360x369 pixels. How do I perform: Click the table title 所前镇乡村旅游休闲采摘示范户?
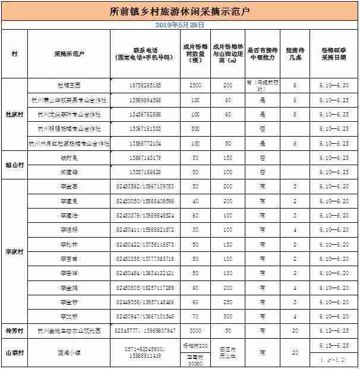pos(179,11)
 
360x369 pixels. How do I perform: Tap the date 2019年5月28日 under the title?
pos(179,25)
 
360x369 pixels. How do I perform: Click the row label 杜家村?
pos(14,114)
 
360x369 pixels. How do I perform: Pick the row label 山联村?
pos(14,352)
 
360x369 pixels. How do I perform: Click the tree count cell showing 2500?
pos(195,86)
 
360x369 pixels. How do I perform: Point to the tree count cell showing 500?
pos(195,128)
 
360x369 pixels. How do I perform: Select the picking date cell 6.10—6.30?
pos(334,86)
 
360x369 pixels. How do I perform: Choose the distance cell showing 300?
pos(227,288)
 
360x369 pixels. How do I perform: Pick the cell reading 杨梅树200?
pos(195,345)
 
